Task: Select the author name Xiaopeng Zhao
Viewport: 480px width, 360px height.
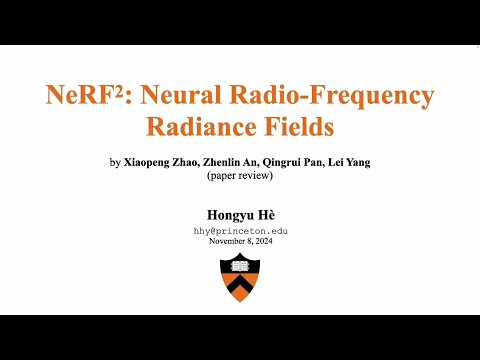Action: (x=166, y=162)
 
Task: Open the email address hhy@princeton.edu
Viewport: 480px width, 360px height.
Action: (x=240, y=229)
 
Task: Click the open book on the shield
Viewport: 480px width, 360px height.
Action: (x=239, y=267)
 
